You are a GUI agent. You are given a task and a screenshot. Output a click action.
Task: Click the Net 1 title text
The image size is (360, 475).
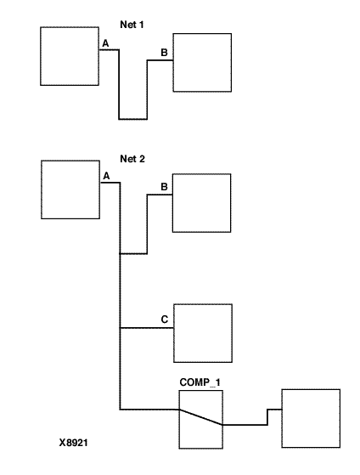tap(132, 25)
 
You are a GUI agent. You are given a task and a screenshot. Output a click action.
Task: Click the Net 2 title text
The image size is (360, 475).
tap(132, 159)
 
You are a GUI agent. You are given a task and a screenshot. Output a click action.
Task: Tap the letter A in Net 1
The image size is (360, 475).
tap(105, 43)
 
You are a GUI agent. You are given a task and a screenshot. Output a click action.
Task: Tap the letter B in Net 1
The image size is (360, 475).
tap(164, 53)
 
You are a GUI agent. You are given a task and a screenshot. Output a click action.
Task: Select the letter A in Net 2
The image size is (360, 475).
tap(106, 176)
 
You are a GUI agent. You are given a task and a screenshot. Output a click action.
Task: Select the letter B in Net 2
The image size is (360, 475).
tap(164, 187)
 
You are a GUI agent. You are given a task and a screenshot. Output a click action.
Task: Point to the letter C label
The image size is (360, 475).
tap(165, 319)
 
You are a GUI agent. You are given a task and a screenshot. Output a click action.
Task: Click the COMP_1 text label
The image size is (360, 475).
tap(200, 382)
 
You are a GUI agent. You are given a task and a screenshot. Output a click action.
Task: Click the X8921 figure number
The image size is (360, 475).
tap(73, 443)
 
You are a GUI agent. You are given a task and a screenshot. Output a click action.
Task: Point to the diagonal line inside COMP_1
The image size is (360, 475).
tap(201, 417)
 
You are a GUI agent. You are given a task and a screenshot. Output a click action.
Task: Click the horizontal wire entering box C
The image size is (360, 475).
tap(147, 328)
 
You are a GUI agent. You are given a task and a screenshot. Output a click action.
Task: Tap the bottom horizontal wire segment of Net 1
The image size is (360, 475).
tap(133, 119)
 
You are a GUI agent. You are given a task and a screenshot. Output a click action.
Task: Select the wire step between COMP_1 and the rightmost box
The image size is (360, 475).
tap(267, 417)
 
